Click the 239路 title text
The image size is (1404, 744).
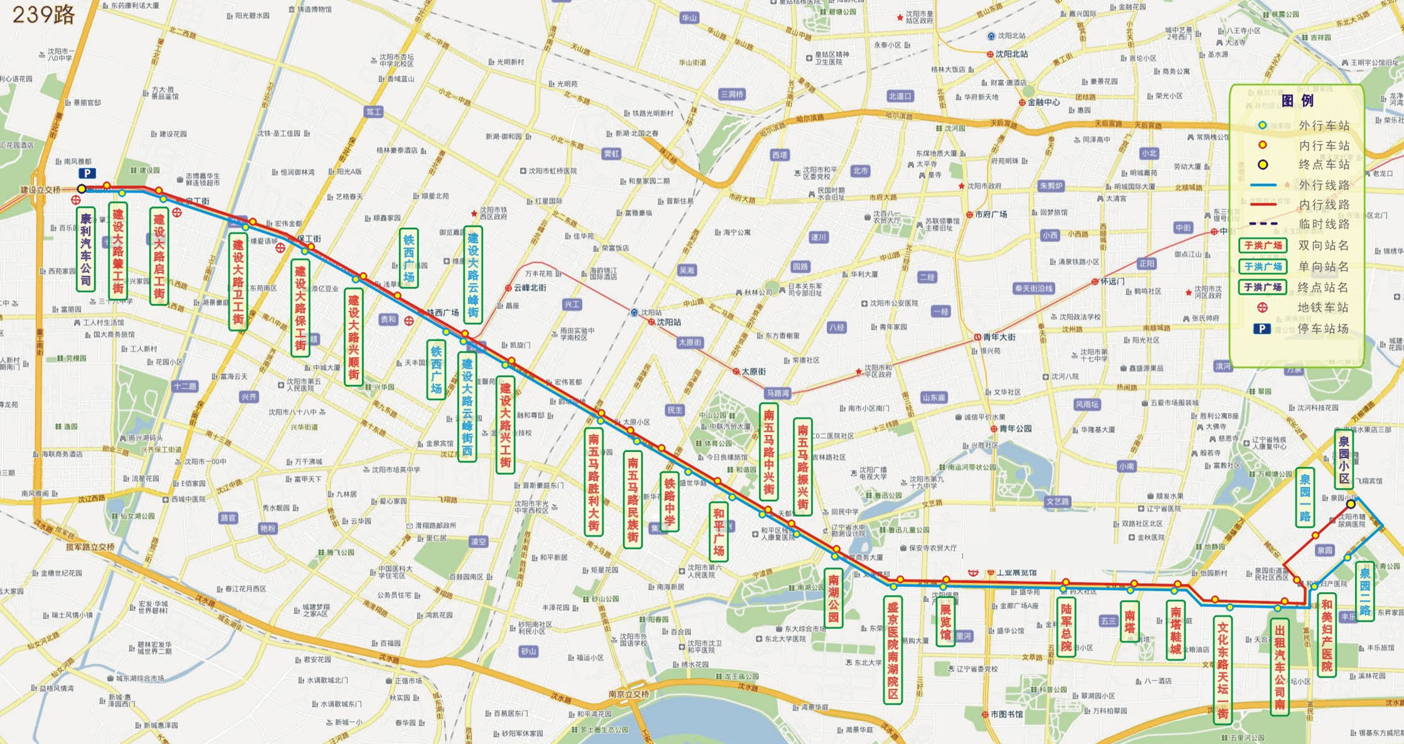43,14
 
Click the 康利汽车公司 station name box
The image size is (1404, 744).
86,249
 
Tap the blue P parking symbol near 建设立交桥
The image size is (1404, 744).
87,173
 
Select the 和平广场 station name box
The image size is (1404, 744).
719,531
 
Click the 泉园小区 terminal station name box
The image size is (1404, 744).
1344,460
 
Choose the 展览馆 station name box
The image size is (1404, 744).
945,622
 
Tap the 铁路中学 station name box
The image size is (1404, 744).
669,502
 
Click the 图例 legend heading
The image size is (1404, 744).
1297,101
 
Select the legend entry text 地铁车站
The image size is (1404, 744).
1323,308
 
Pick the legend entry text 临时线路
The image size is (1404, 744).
1323,224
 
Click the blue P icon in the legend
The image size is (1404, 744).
1262,329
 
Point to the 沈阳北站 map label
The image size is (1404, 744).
1011,54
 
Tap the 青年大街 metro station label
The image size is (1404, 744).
999,337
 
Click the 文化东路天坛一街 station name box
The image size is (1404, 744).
1222,669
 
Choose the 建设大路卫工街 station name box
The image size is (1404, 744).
238,281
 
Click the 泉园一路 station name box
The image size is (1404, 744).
1305,497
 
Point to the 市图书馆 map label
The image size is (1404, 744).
1006,714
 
